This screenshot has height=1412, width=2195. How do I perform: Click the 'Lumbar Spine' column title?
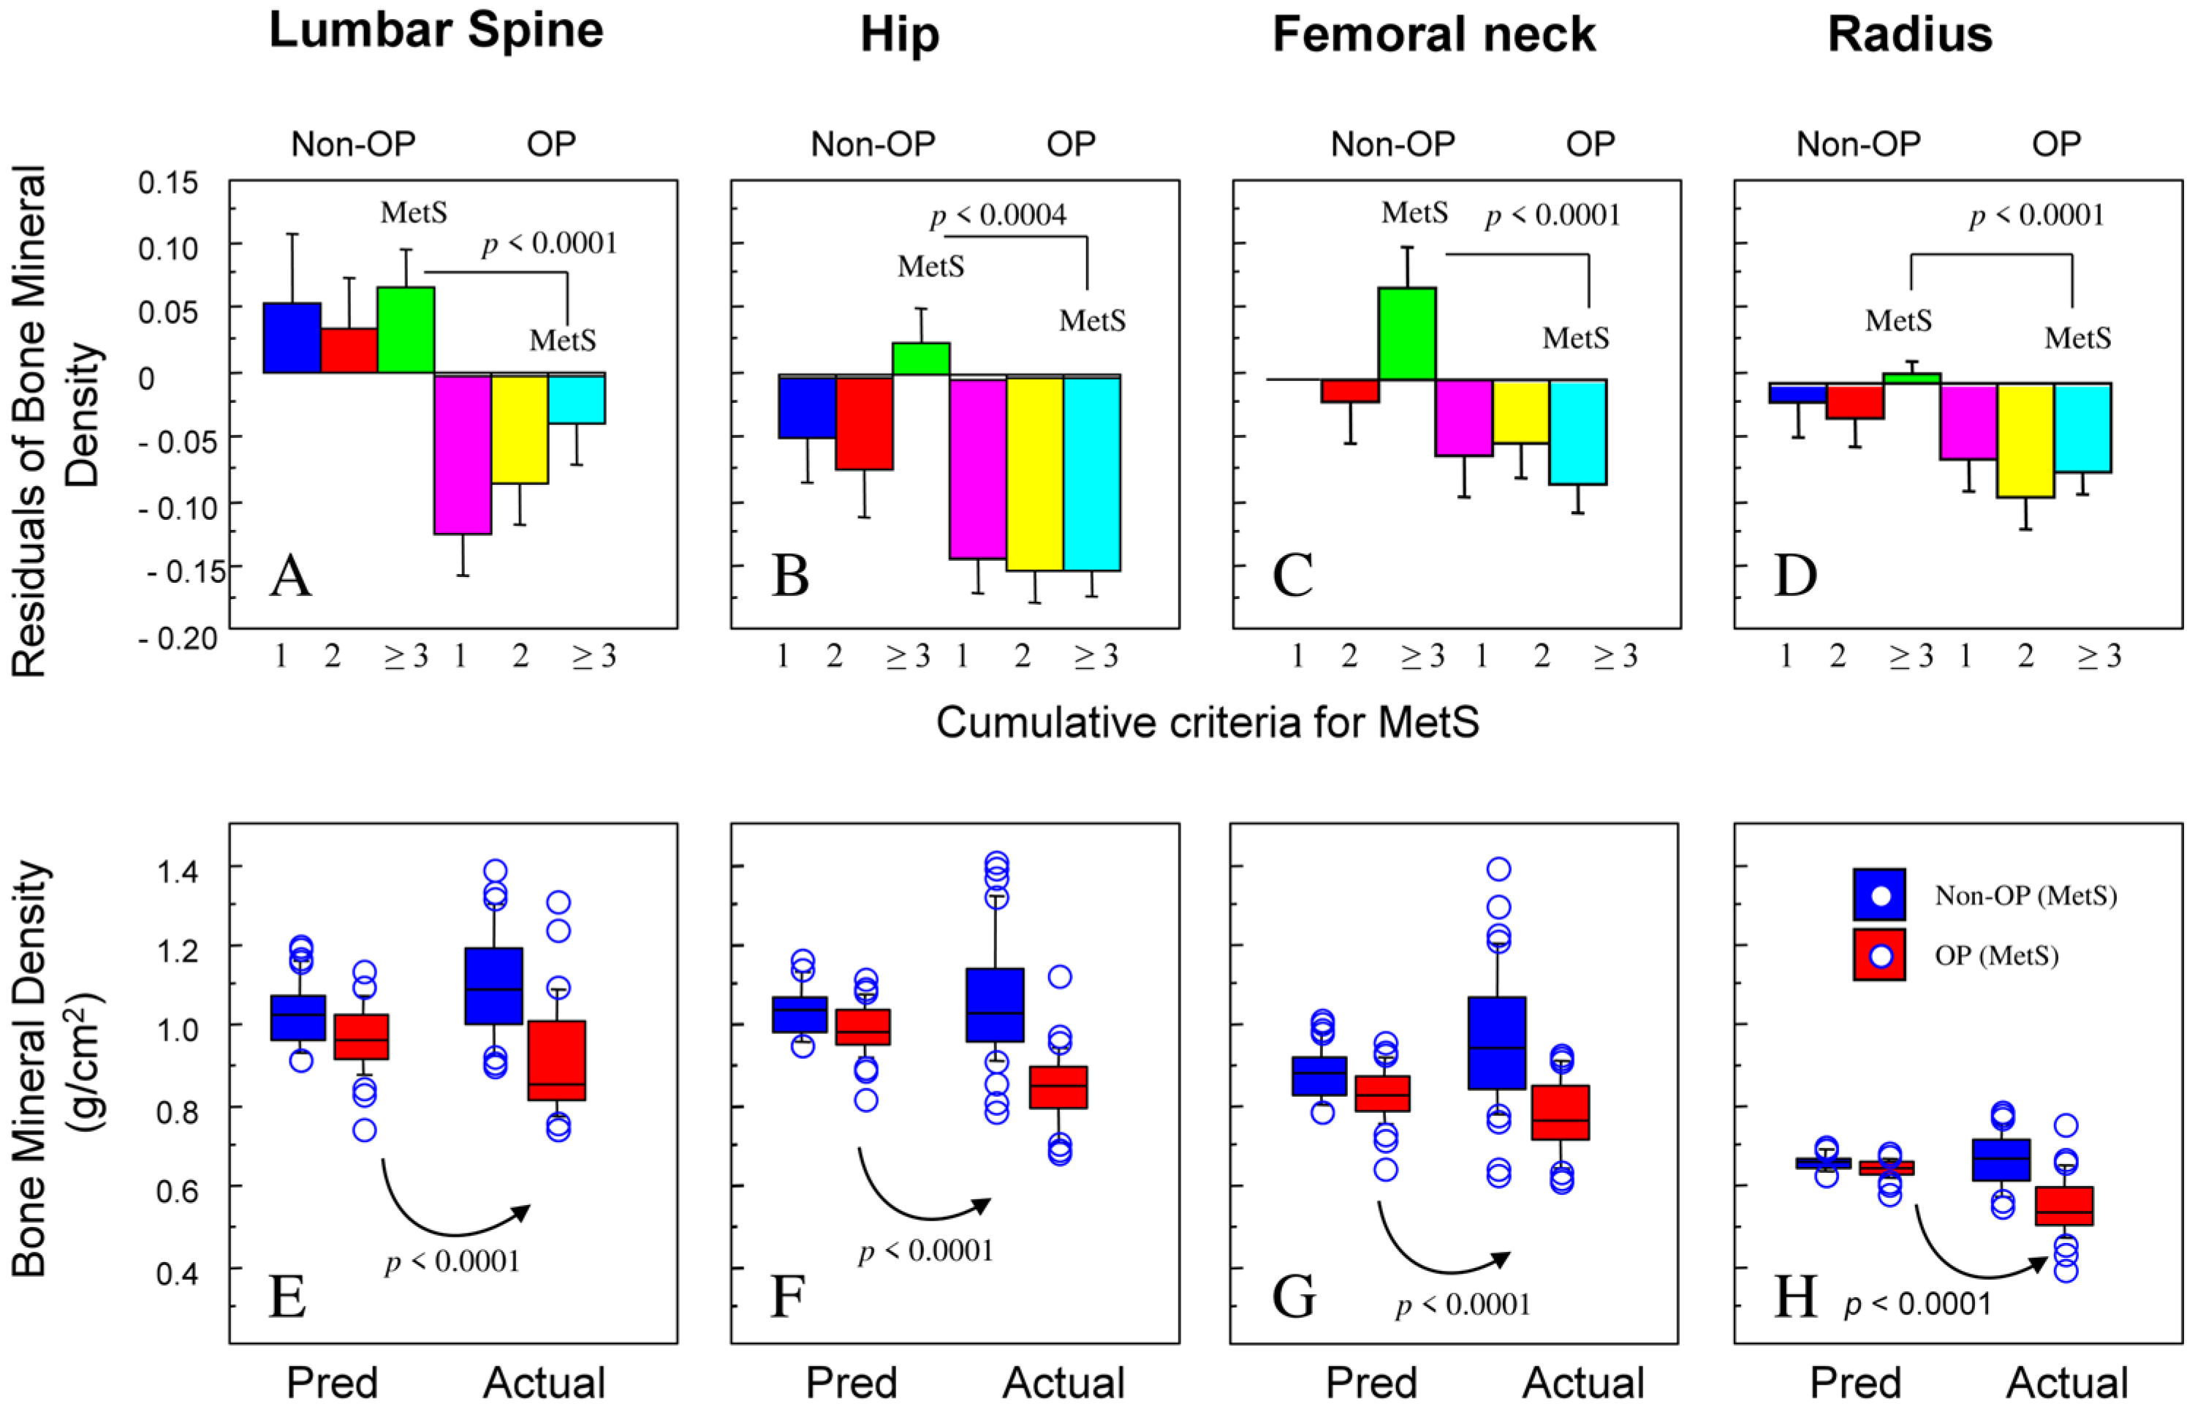pyautogui.click(x=436, y=31)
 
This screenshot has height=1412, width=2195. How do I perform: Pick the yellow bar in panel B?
pyautogui.click(x=1035, y=473)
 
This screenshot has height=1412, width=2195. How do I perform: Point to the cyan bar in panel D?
pyautogui.click(x=2082, y=428)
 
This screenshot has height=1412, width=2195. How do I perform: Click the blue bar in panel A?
pyautogui.click(x=292, y=337)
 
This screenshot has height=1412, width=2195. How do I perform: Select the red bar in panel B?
pyautogui.click(x=864, y=423)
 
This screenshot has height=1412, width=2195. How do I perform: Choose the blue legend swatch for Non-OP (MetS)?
pyautogui.click(x=1879, y=894)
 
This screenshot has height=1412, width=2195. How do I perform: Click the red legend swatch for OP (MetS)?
pyautogui.click(x=1879, y=954)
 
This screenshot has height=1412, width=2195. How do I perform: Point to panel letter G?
pyautogui.click(x=1293, y=1297)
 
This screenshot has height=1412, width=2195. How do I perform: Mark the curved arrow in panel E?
pyautogui.click(x=449, y=1210)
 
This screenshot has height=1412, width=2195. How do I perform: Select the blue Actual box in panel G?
pyautogui.click(x=1497, y=1043)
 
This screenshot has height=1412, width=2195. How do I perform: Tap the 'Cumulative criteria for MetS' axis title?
pyautogui.click(x=1207, y=722)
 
